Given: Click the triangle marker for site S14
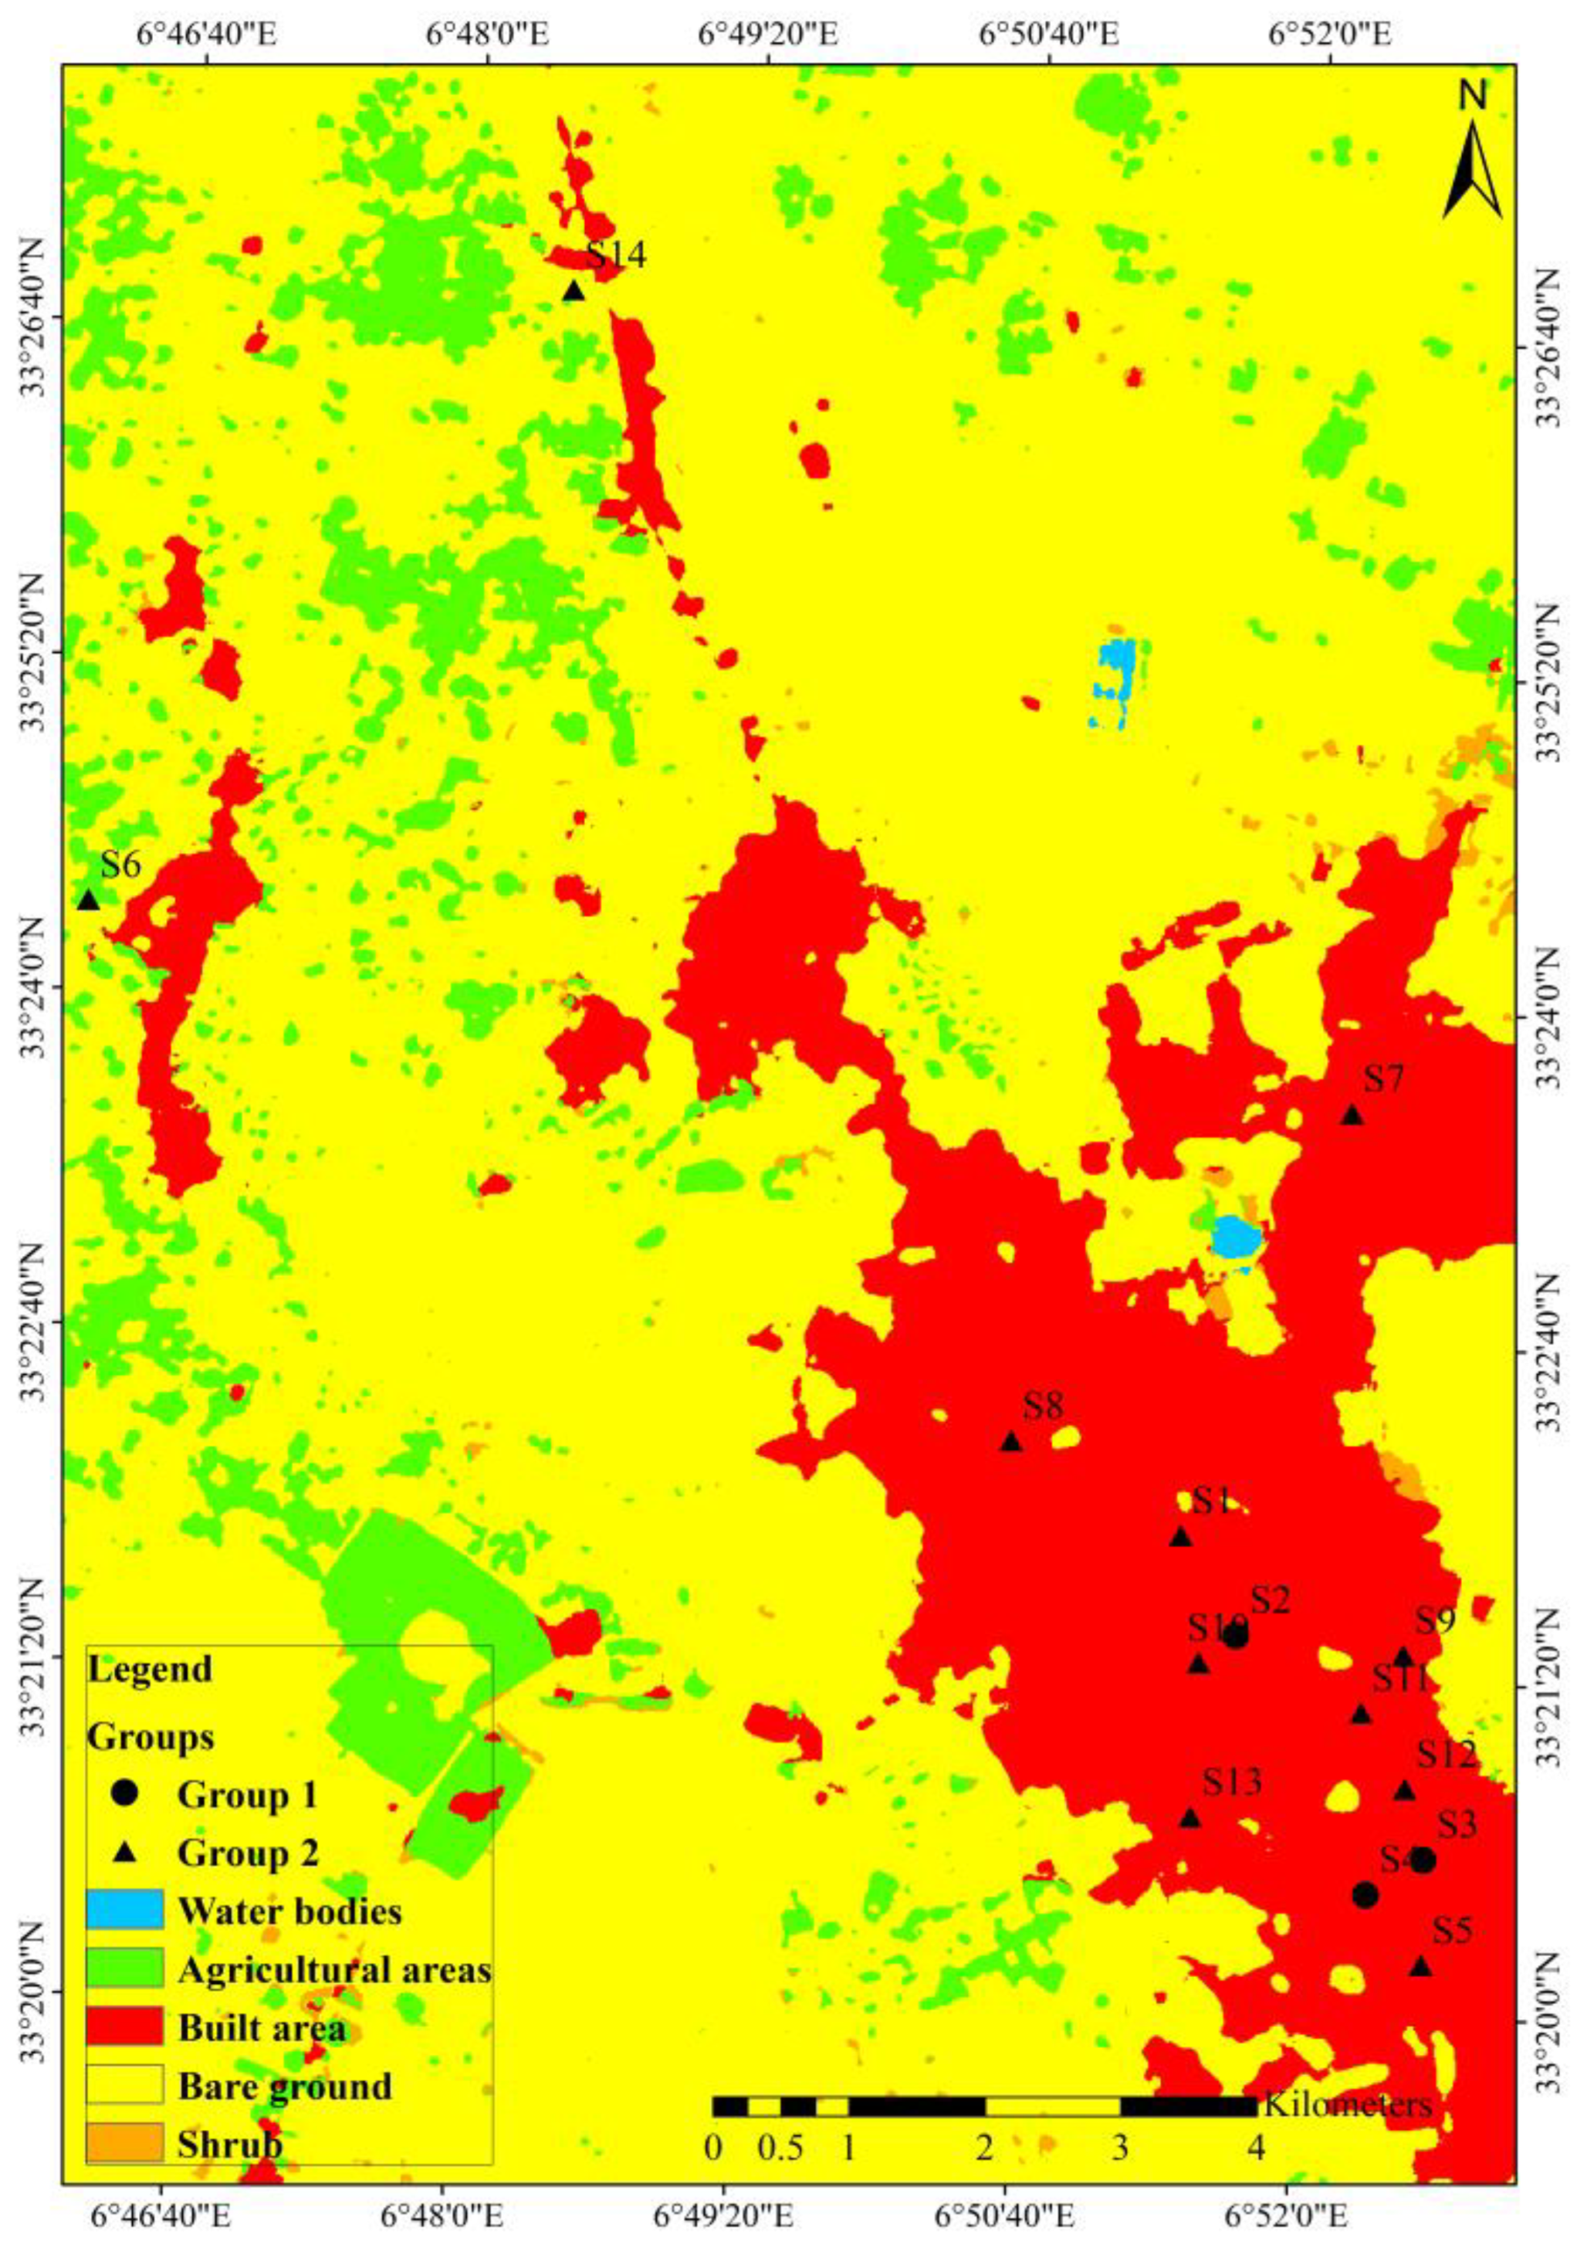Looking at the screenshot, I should [x=574, y=291].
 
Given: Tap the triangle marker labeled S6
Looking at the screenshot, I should [x=89, y=900].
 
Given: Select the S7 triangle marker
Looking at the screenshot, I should [x=1352, y=1116].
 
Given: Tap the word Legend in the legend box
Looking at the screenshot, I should [x=150, y=1669].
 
